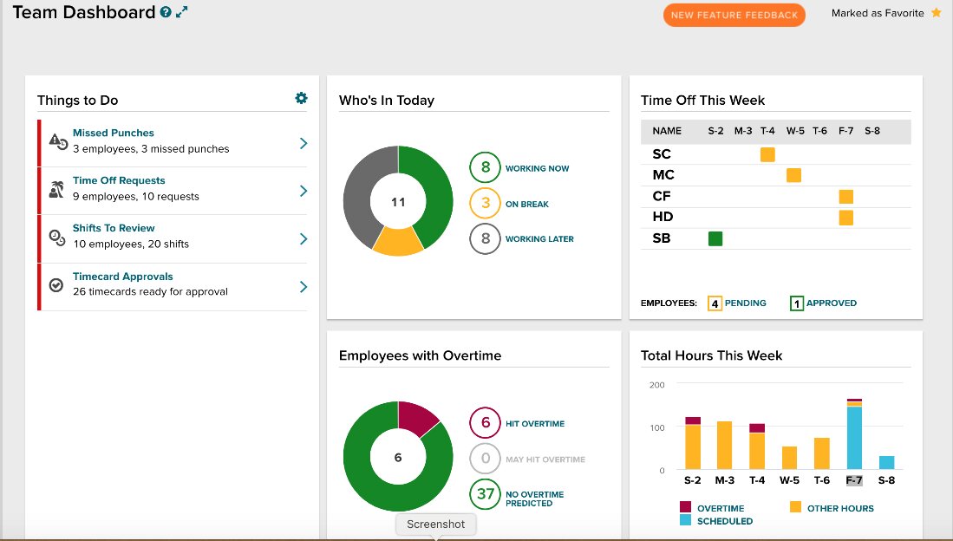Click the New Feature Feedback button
coord(734,15)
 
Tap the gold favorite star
coord(936,13)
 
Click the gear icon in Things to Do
coord(301,99)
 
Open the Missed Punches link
coord(113,133)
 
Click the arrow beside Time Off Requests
coord(303,191)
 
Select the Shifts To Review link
coord(114,228)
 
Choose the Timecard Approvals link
coord(122,277)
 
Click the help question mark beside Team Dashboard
coord(166,13)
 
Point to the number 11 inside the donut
coord(398,202)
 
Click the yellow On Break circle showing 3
coord(486,204)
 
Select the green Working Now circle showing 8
coord(486,168)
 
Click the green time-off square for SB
coord(715,238)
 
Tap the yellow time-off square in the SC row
coord(767,154)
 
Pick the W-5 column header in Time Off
coord(795,131)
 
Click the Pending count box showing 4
coord(715,303)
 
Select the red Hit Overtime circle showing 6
coord(486,423)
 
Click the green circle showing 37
coord(486,494)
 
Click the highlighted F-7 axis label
coord(854,480)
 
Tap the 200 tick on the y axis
coord(656,384)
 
